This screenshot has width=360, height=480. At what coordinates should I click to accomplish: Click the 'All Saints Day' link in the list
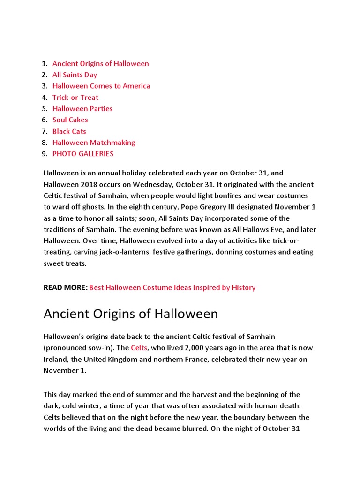75,75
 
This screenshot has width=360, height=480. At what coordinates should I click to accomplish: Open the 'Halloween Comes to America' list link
101,86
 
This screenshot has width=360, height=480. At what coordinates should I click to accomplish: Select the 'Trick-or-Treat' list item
75,97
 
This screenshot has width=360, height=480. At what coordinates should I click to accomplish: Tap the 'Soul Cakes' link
70,120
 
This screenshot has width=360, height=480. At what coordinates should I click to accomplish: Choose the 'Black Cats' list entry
69,131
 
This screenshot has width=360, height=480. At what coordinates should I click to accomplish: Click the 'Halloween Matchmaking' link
93,142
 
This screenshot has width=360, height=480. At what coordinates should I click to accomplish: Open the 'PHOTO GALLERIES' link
82,154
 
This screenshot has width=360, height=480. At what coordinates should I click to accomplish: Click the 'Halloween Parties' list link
82,109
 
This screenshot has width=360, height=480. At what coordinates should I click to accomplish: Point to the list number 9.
44,154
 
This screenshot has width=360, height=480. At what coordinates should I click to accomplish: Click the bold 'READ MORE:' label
65,287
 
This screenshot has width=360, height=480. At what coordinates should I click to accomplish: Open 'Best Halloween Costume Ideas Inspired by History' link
172,287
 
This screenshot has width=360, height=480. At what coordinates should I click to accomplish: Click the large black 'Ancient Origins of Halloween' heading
130,314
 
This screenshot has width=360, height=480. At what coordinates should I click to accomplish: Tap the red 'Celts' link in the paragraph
139,348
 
